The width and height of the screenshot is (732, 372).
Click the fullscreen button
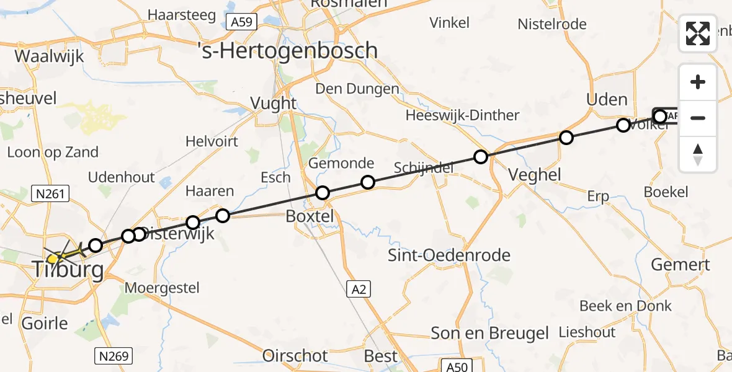698,33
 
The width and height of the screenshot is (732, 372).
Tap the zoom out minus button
698,118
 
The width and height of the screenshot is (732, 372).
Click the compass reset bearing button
698,154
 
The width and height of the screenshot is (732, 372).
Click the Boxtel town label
310,216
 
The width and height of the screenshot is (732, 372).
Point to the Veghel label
534,175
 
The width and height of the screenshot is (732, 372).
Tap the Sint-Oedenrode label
449,255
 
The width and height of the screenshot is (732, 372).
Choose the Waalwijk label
49,55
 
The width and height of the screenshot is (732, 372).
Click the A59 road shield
240,23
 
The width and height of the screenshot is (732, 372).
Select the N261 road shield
50,195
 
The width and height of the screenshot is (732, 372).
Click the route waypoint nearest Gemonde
368,182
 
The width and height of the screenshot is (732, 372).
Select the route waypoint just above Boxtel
322,193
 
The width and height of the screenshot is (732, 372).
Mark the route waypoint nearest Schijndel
480,157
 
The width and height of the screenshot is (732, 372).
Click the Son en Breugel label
489,333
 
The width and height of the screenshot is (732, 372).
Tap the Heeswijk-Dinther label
462,115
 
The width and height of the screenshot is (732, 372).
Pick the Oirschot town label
295,356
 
